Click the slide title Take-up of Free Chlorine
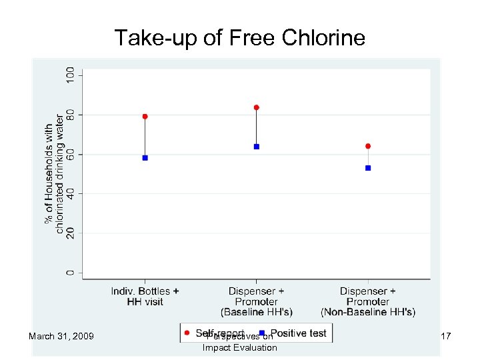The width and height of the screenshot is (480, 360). tap(239, 37)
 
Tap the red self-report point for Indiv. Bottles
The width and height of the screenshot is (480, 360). tap(145, 117)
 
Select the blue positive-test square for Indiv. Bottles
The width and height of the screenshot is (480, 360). tap(145, 158)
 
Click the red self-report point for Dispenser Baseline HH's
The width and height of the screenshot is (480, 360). tap(256, 107)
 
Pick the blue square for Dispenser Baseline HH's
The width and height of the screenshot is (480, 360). tap(256, 147)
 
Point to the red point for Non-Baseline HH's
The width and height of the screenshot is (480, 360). tap(368, 146)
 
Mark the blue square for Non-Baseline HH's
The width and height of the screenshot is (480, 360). tap(368, 168)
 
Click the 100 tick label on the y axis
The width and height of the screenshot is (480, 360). tap(70, 74)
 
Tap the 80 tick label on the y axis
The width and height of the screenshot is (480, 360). tap(70, 115)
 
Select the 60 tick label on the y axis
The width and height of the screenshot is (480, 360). tap(70, 154)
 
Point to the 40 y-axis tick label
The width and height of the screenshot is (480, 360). tap(70, 193)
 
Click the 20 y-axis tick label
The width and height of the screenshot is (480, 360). tap(70, 233)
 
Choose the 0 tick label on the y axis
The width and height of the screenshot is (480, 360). tap(70, 273)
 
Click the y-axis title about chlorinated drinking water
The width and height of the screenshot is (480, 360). tap(55, 178)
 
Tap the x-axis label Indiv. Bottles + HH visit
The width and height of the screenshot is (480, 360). tap(145, 297)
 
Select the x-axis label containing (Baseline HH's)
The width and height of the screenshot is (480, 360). tap(256, 301)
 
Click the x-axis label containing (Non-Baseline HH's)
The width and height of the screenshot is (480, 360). tap(368, 301)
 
